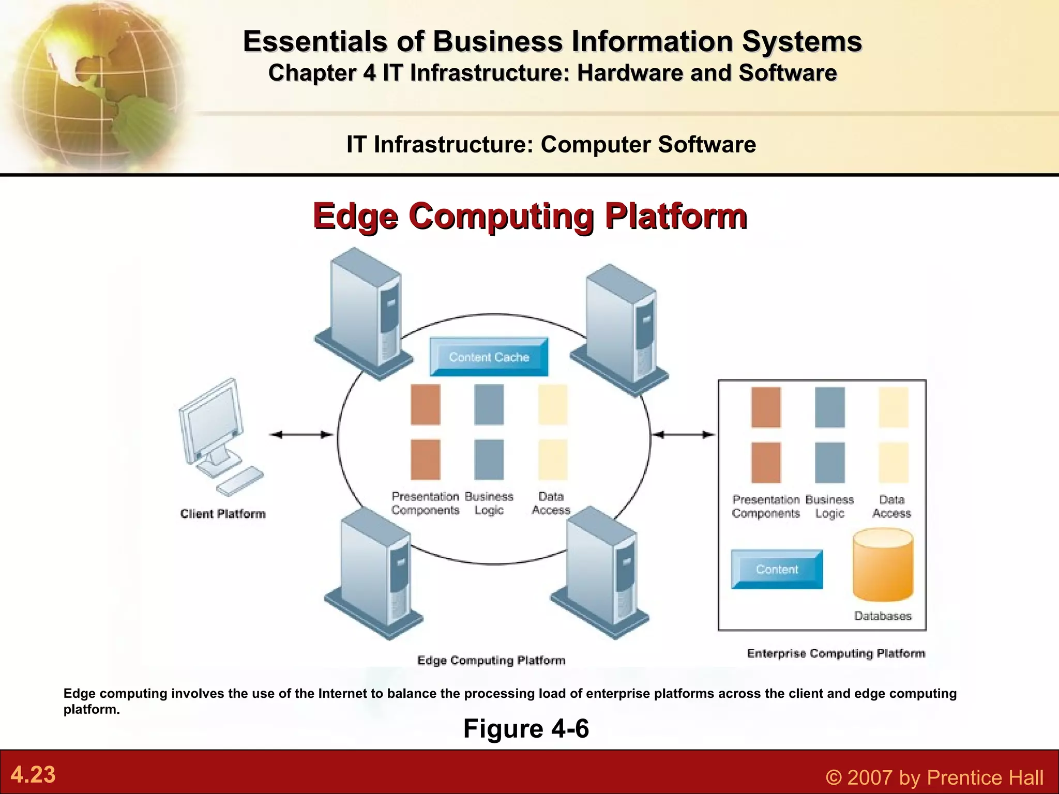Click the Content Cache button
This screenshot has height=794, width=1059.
coord(489,357)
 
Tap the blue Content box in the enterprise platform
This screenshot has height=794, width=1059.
coord(776,569)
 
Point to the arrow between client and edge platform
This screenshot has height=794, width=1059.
coord(301,435)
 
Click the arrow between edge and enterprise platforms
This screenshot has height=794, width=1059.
coord(684,435)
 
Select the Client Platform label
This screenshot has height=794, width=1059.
coord(223,514)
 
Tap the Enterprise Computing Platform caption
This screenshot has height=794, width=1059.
coord(836,653)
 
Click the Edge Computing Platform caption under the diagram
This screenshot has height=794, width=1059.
coord(491,660)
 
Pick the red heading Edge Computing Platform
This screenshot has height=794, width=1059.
coord(529,216)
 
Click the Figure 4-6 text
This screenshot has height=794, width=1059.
coord(526,728)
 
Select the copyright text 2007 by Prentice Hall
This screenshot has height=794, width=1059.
coord(934,777)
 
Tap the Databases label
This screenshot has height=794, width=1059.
coord(883,616)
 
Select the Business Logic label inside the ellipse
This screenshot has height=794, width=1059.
coord(489,503)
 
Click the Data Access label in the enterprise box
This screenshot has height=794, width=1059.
coord(891,507)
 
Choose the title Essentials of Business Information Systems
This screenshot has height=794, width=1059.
coord(552,41)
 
